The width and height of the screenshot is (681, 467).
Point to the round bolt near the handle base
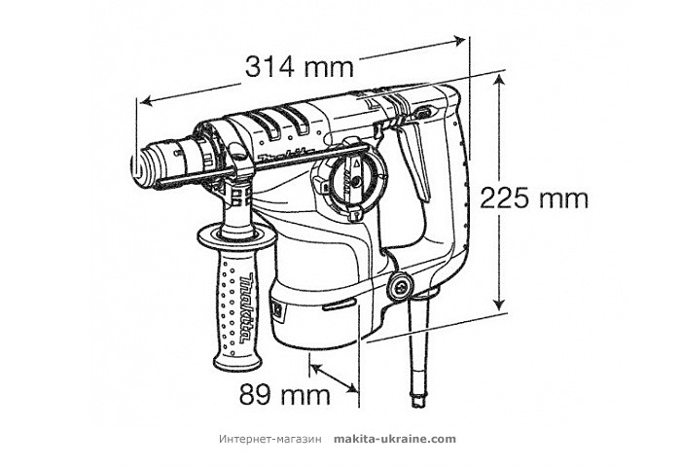pyautogui.click(x=397, y=286)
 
